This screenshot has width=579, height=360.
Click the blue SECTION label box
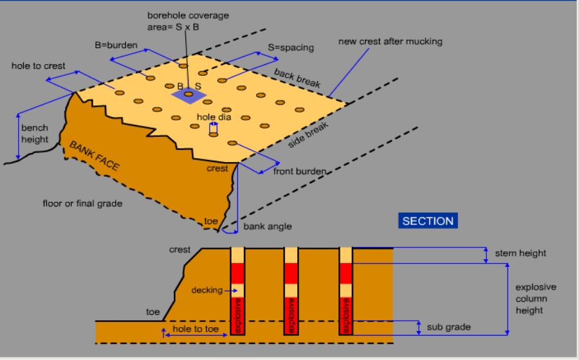click(428, 221)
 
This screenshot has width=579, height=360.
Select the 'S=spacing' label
click(291, 48)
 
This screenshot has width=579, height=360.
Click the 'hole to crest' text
click(38, 66)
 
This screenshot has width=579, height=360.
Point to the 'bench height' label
click(35, 134)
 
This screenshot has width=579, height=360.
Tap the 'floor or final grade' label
click(82, 204)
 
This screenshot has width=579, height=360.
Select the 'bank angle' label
click(267, 226)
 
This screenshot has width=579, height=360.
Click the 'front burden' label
click(299, 172)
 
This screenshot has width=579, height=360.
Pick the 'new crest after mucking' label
click(391, 42)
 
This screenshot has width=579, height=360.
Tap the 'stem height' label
click(520, 253)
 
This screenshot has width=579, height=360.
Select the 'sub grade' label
click(448, 327)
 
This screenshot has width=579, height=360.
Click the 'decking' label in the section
click(207, 290)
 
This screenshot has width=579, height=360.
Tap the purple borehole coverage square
click(188, 94)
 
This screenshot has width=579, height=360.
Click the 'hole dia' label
click(214, 117)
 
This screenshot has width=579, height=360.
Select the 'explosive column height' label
click(535, 299)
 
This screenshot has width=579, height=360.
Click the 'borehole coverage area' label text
click(187, 21)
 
